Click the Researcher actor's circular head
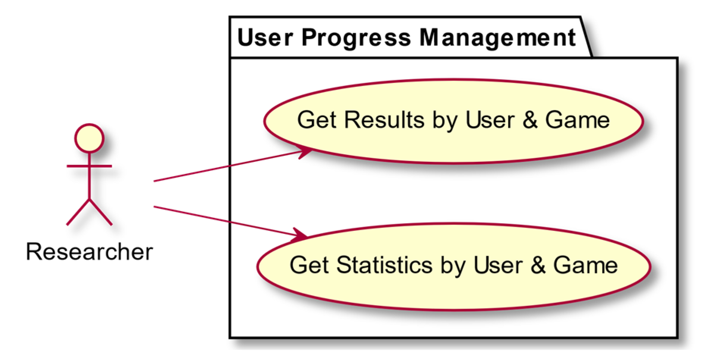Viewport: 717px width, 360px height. point(89,138)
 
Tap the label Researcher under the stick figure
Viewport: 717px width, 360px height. point(89,252)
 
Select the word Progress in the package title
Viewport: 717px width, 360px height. point(356,38)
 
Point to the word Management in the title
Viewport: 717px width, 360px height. point(497,38)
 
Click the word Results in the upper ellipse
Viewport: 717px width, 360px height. point(385,120)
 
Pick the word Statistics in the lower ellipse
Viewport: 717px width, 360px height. point(384,265)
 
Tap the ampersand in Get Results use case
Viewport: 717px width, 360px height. point(529,120)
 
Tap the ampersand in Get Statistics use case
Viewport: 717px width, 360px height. point(538,265)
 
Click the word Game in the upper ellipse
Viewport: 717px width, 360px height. point(577,120)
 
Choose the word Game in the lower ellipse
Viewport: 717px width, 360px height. point(585,265)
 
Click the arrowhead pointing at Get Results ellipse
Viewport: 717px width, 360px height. point(306,153)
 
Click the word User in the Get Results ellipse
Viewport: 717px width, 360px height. point(490,120)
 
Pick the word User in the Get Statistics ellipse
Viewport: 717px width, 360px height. point(498,265)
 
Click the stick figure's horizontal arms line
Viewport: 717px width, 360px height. point(89,166)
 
